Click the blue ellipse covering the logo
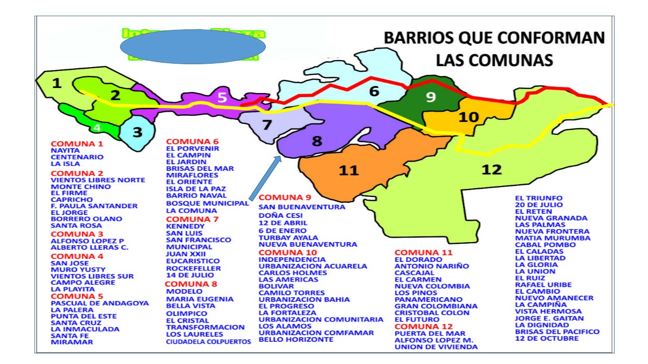(x=193, y=47)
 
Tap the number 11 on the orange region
(x=349, y=170)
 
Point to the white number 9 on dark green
(x=430, y=97)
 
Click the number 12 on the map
(x=491, y=169)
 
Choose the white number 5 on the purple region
(x=222, y=97)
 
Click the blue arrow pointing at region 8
(x=264, y=178)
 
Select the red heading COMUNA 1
(x=77, y=144)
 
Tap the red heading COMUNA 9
(x=285, y=197)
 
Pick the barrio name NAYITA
(x=65, y=151)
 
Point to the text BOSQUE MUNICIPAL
(x=208, y=203)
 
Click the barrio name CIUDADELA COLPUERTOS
(x=209, y=342)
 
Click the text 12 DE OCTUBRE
(x=547, y=338)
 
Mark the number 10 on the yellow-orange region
(x=468, y=117)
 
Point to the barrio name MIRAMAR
(x=72, y=342)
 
